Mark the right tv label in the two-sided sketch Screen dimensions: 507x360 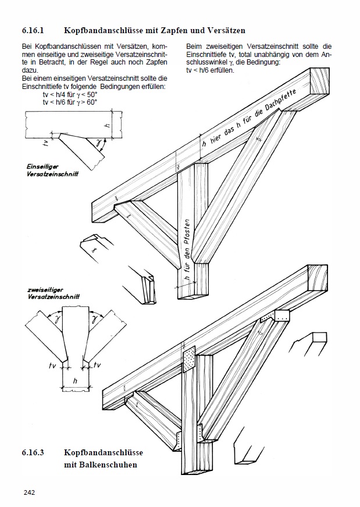tap(97, 365)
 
